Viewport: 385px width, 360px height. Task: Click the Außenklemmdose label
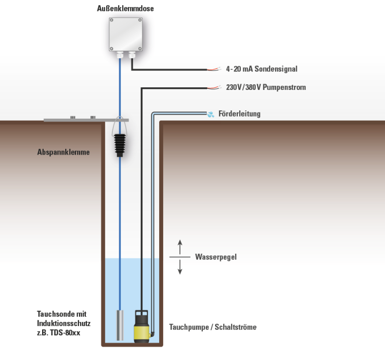[x=125, y=8]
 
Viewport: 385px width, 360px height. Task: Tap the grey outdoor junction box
[x=126, y=34]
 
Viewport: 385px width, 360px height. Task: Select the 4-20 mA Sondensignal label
[x=261, y=69]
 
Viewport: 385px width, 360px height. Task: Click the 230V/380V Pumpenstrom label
[x=266, y=87]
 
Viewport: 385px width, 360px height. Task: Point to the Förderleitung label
[x=239, y=113]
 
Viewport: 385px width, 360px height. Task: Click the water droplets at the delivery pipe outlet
[x=210, y=114]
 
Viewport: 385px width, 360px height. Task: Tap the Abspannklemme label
[x=63, y=152]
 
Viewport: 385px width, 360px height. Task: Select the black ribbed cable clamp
[x=120, y=145]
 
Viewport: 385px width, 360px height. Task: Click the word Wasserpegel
[x=216, y=257]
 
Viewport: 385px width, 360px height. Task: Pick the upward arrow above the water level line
[x=180, y=247]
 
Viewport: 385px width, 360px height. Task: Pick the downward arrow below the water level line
[x=180, y=267]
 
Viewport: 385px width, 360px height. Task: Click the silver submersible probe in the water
[x=120, y=325]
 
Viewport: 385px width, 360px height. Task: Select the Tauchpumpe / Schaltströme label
[x=213, y=327]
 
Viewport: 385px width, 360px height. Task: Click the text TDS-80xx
[x=65, y=333]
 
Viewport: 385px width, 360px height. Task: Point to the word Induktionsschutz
[x=64, y=323]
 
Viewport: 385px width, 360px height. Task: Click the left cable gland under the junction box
[x=120, y=54]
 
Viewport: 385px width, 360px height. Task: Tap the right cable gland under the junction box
[x=132, y=54]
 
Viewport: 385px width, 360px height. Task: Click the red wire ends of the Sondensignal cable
[x=214, y=69]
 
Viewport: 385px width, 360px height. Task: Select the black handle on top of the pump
[x=142, y=313]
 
